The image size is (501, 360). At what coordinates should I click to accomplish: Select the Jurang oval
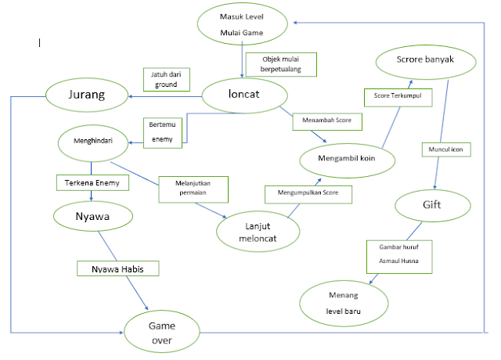pos(86,97)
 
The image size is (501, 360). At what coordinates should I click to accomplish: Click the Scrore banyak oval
pos(425,60)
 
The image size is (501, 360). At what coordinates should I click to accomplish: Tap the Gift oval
pos(432,206)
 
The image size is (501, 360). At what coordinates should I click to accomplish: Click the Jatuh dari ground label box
pos(165,79)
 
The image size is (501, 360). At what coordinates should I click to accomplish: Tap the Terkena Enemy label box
pos(92,183)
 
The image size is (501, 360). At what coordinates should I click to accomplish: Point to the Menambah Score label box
pos(327,122)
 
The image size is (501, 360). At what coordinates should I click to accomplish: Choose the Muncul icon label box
pos(445,149)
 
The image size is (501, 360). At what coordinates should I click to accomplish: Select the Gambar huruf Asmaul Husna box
pos(399,256)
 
